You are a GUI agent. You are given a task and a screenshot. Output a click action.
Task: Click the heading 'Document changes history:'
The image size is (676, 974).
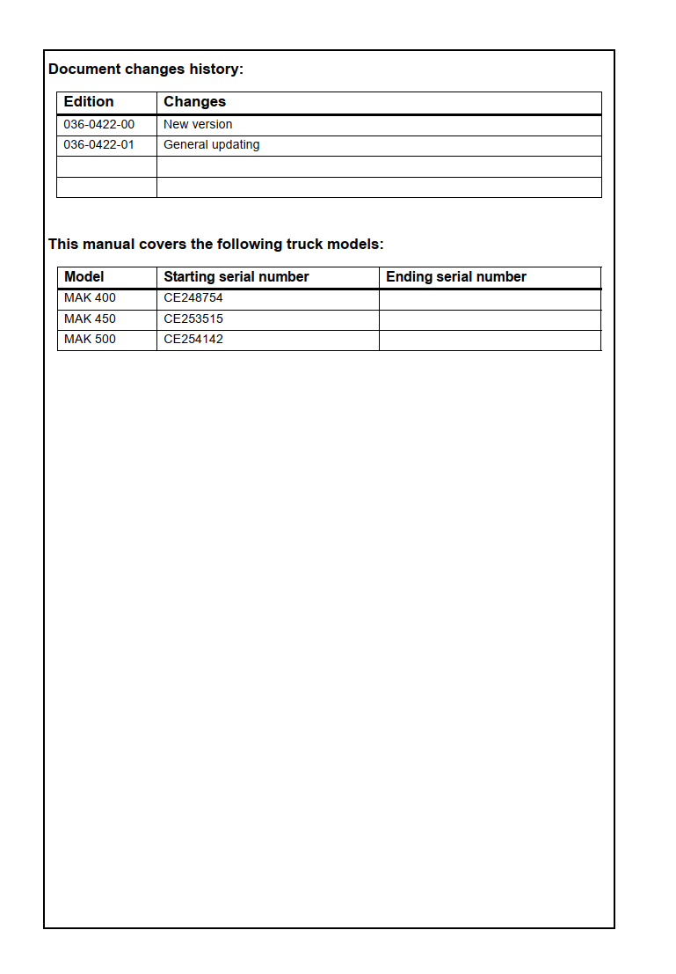[146, 70]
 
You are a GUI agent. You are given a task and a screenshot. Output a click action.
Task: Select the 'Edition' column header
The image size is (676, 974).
[89, 102]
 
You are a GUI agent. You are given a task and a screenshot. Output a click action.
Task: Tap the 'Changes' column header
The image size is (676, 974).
[194, 102]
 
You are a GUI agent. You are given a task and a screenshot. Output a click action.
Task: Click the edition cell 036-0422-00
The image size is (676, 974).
[99, 125]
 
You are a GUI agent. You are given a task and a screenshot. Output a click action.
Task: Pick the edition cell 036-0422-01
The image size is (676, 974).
[99, 145]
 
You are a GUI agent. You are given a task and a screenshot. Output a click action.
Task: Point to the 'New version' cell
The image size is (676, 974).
[198, 125]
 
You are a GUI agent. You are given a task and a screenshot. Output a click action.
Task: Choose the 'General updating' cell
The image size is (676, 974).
[211, 145]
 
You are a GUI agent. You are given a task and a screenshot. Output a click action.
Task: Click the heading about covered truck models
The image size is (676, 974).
[216, 245]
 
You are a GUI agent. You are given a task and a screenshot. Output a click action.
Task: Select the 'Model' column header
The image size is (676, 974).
[84, 277]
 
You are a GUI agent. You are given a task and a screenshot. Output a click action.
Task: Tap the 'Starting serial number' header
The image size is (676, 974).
[236, 277]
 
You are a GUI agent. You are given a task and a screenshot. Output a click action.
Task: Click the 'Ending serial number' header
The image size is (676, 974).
[456, 277]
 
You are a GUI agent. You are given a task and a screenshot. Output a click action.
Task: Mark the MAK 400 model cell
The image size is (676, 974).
[90, 298]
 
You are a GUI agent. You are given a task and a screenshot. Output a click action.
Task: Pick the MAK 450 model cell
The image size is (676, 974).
[90, 319]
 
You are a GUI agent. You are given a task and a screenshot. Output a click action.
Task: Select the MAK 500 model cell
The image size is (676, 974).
[90, 340]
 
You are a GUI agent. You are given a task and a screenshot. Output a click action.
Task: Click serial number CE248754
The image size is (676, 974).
[193, 298]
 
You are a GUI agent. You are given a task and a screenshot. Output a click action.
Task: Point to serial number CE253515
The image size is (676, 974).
[193, 319]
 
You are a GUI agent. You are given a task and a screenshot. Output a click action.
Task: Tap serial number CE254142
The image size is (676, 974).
[193, 340]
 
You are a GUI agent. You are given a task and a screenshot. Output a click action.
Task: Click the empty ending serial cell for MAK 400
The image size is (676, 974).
[490, 299]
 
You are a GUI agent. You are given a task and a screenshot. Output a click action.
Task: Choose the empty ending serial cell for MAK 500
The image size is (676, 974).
[490, 341]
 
